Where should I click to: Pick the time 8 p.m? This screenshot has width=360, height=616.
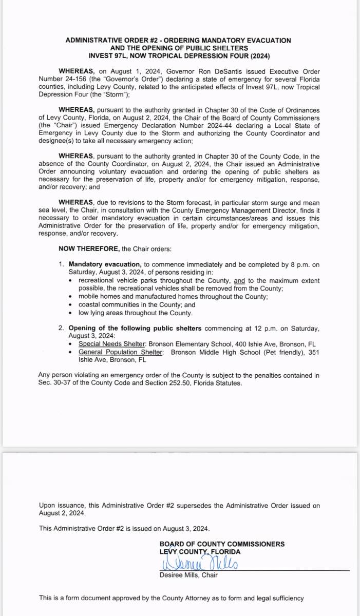[x=299, y=265]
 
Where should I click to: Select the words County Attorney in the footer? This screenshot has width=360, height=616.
[x=205, y=598]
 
